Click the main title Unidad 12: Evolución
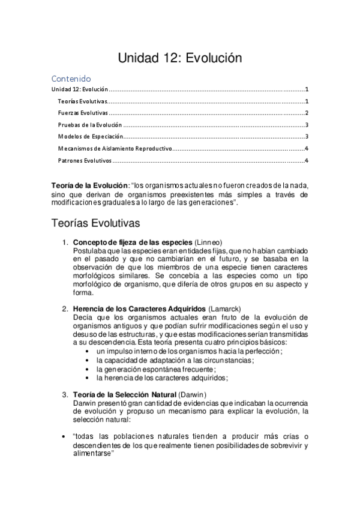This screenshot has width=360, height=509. click(x=179, y=58)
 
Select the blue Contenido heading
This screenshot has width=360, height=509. click(x=71, y=79)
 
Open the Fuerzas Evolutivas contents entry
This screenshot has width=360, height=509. click(x=83, y=113)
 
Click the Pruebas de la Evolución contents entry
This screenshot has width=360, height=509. click(x=90, y=125)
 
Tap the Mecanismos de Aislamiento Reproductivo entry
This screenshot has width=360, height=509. click(x=115, y=148)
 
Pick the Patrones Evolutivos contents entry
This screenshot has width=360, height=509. click(x=85, y=160)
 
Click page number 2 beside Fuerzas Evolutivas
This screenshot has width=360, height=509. click(x=306, y=113)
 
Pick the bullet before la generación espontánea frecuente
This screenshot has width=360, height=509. click(x=89, y=369)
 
